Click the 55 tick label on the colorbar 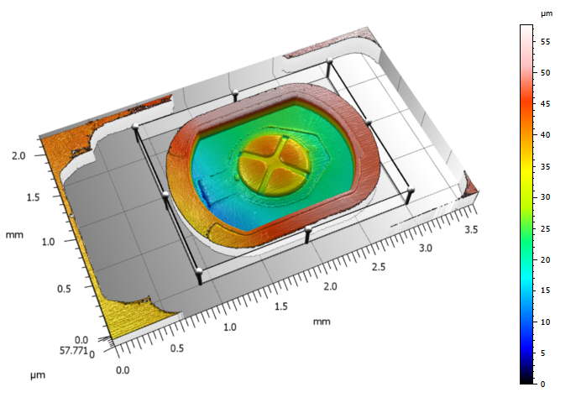[x=546, y=42]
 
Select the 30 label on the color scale [x=546, y=197]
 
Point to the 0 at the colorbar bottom [x=543, y=384]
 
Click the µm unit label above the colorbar [x=547, y=14]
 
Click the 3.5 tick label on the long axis [x=471, y=230]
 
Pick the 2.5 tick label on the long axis [x=379, y=267]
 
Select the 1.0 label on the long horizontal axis [x=230, y=327]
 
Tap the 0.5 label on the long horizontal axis [x=177, y=348]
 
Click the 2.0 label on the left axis [x=18, y=155]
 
